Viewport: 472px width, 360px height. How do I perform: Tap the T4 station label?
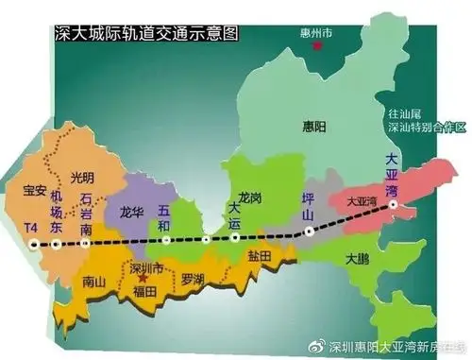(33, 229)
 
